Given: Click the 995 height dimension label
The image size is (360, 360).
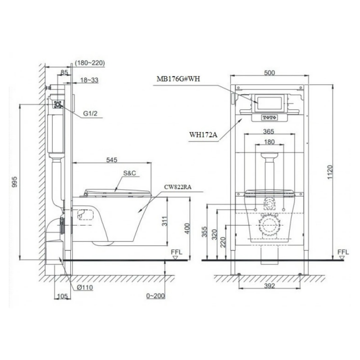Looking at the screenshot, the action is [14, 182].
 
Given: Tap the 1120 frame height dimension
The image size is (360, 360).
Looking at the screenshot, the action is [330, 172].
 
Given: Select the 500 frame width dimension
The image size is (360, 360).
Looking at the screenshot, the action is [269, 73].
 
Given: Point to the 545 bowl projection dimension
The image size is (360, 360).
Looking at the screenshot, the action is [112, 160].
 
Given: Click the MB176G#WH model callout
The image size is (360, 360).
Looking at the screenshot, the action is [178, 79].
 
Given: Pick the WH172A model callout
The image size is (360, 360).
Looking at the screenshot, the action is [203, 134].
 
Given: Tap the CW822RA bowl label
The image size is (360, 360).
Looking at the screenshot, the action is [178, 187].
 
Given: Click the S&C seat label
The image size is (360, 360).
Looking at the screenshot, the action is [130, 173].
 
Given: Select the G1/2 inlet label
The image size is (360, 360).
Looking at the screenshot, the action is [90, 114].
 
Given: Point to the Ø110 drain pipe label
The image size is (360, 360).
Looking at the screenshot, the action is [85, 288].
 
